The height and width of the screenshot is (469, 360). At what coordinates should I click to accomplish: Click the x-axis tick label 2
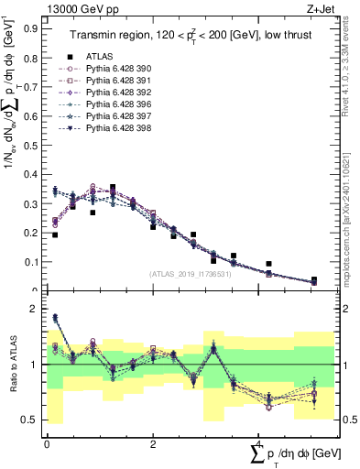[x=153, y=442]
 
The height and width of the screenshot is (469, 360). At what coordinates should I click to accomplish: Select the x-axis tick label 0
[x=47, y=442]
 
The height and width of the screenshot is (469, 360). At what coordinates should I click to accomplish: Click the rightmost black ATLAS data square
[x=314, y=279]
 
